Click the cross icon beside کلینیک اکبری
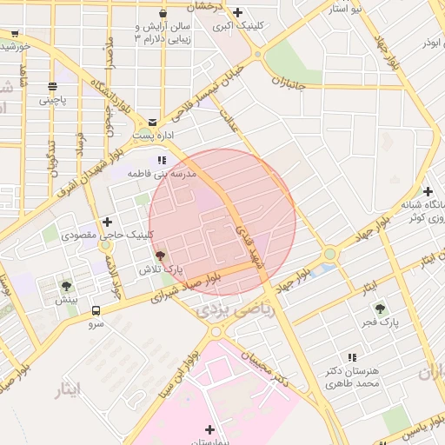click(x=237, y=12)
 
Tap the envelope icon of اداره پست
click(x=154, y=123)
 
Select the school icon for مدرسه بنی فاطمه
click(x=161, y=161)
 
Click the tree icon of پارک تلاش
click(x=159, y=256)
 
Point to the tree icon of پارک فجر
click(x=379, y=308)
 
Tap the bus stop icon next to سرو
click(x=95, y=310)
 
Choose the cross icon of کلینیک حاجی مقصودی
click(x=107, y=222)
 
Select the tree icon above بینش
click(x=67, y=285)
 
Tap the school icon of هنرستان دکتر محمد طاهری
click(x=352, y=357)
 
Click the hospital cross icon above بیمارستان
click(x=209, y=428)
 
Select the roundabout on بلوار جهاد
click(x=329, y=255)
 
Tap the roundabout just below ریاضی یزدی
click(x=216, y=331)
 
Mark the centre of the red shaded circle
click(x=222, y=222)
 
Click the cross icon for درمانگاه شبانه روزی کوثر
click(x=427, y=191)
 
